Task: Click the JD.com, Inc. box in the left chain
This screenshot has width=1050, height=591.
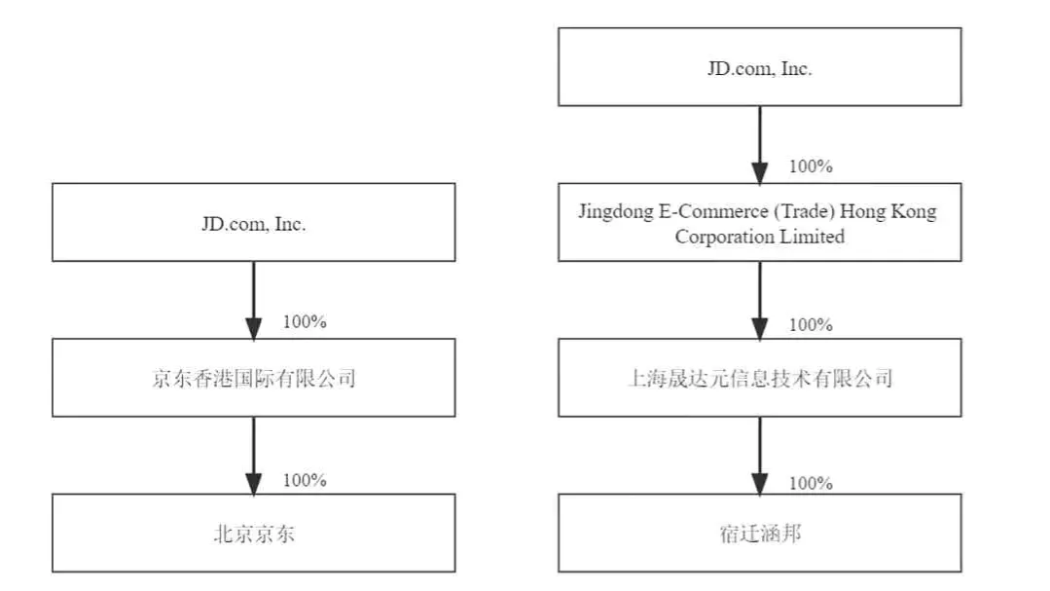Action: [x=254, y=222]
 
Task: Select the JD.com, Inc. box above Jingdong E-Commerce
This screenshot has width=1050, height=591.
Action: [x=759, y=67]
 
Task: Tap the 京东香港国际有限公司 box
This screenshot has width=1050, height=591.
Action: [x=254, y=378]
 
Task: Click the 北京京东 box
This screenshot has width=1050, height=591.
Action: [x=254, y=534]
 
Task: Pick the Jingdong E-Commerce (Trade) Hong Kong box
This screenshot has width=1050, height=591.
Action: [x=759, y=222]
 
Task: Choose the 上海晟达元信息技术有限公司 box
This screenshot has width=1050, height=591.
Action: [x=759, y=378]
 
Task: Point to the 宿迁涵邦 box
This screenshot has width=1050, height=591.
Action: [x=759, y=534]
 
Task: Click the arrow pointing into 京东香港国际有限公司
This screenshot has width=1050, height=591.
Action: [x=254, y=300]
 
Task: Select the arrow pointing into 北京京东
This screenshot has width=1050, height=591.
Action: [x=254, y=456]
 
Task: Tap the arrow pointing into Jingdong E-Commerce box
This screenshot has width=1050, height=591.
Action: [x=759, y=145]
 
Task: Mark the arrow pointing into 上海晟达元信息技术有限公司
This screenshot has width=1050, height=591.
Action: [x=759, y=300]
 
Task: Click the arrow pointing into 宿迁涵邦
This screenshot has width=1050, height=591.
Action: [x=759, y=456]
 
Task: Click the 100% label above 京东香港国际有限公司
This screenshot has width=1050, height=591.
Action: [x=305, y=321]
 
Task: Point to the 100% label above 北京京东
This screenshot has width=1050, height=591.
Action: [x=305, y=480]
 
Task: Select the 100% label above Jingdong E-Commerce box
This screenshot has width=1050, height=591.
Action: [x=811, y=166]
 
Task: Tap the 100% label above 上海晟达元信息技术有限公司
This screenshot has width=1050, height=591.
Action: [x=811, y=325]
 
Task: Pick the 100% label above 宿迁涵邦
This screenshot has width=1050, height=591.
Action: [x=811, y=483]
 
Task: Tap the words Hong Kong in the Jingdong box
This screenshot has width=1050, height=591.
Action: [x=887, y=211]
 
